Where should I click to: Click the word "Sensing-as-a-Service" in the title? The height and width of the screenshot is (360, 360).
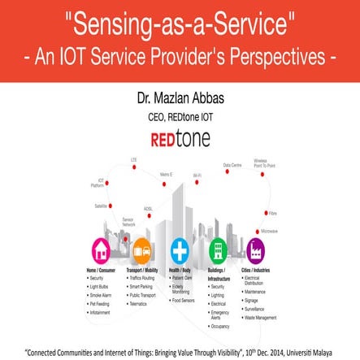(180, 24)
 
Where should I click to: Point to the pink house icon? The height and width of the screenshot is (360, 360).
(102, 249)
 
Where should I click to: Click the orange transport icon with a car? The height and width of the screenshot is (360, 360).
(141, 249)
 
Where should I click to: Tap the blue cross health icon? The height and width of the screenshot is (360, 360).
(180, 249)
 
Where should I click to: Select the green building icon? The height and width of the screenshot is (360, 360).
(218, 249)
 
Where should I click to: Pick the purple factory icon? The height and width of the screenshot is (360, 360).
(256, 249)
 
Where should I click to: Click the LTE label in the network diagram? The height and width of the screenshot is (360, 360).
(133, 160)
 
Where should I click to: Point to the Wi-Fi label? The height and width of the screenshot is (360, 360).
(197, 176)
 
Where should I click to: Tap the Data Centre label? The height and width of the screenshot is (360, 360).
(232, 165)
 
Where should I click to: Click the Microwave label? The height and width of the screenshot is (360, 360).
(270, 232)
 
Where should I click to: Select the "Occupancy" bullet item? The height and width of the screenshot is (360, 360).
(220, 326)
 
